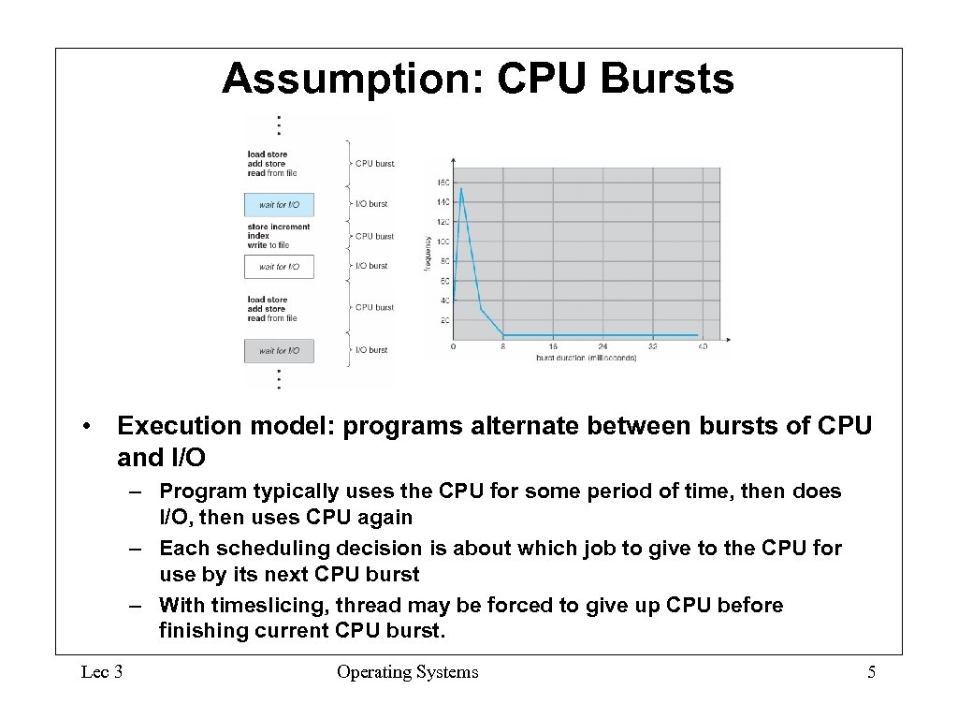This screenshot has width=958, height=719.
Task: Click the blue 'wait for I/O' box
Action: [x=279, y=204]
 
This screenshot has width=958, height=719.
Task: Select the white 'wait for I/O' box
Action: [x=279, y=267]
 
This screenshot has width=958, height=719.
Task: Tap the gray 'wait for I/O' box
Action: [x=279, y=351]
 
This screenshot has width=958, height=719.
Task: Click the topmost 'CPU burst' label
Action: [x=374, y=164]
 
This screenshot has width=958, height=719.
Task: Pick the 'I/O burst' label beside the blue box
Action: [x=370, y=204]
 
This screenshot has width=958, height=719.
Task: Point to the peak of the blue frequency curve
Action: [x=461, y=190]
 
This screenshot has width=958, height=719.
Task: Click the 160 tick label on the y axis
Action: [x=443, y=182]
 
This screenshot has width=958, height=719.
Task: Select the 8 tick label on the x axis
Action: [x=503, y=346]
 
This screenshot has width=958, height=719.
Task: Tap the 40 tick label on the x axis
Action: [x=702, y=346]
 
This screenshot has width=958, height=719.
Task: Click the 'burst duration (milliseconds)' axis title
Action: [x=586, y=358]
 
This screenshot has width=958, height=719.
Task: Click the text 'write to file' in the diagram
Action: [x=269, y=245]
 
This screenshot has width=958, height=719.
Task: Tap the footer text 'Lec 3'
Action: [x=101, y=672]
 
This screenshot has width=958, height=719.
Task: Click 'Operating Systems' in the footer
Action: [x=407, y=672]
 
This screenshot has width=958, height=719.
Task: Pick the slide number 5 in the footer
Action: [x=871, y=672]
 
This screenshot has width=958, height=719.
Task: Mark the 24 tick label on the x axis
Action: [x=602, y=346]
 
